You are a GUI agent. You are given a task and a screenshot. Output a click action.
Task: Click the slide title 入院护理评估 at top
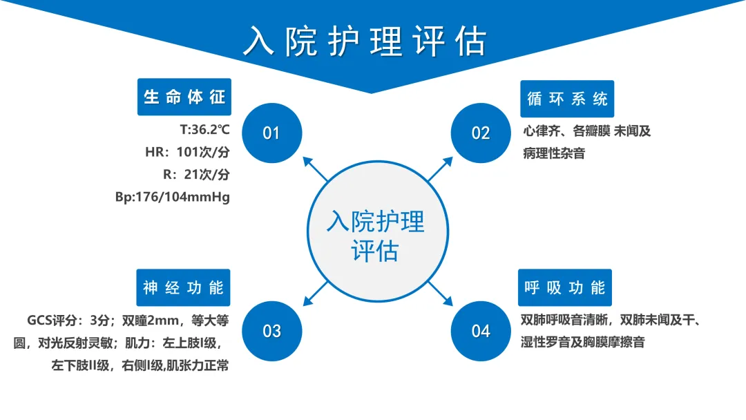click(365, 41)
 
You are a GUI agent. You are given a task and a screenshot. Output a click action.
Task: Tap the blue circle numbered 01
click(271, 133)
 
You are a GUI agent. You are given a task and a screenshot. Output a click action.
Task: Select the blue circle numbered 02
click(481, 133)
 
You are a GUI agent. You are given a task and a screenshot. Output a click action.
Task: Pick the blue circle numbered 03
click(271, 331)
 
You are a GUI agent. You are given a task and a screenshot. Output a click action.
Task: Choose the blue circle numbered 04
click(481, 331)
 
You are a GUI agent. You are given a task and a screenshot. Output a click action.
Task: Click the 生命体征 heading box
click(184, 97)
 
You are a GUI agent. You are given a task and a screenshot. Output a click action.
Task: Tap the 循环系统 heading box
click(567, 99)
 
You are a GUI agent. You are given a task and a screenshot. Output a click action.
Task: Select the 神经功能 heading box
click(183, 288)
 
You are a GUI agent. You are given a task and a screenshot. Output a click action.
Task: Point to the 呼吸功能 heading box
click(565, 288)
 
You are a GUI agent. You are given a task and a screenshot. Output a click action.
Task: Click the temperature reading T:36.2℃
click(204, 129)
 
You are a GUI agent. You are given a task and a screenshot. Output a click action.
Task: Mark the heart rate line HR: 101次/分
click(187, 152)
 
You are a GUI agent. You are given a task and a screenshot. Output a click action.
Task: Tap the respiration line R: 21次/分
click(196, 175)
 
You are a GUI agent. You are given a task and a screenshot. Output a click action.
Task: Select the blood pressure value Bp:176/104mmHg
click(172, 197)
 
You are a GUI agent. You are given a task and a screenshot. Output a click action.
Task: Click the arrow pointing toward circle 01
click(316, 169)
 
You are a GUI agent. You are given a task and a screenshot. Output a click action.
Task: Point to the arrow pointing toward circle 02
click(440, 169)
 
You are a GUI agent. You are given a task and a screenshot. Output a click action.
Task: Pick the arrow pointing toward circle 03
click(316, 294)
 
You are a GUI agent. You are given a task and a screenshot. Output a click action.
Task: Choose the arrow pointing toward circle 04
click(440, 294)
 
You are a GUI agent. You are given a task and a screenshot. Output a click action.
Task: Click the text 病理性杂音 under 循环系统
click(554, 153)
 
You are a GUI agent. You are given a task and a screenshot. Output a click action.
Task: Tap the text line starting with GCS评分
click(128, 321)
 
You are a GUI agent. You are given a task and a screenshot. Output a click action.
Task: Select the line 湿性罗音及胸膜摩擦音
click(583, 342)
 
